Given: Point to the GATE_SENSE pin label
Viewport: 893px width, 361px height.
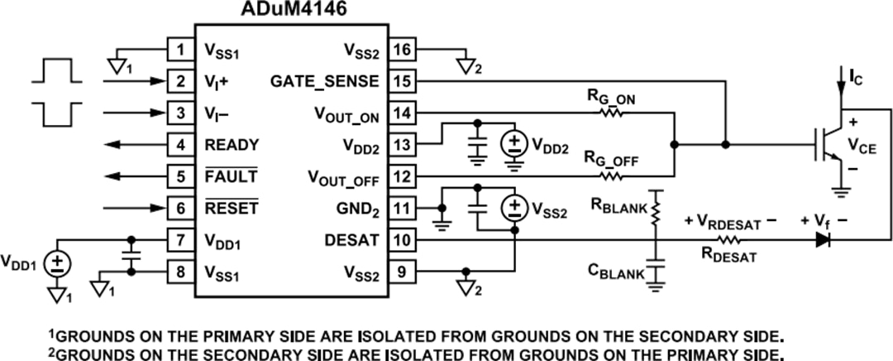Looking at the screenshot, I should pos(324,81).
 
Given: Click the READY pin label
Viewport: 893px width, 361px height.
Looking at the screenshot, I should pos(232,145).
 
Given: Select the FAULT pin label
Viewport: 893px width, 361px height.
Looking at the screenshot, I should pos(231,176).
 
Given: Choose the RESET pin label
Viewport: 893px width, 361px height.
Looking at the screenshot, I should pos(232,209).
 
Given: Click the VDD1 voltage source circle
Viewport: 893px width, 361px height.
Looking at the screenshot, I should pos(58,265).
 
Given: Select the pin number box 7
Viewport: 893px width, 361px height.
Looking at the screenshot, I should pos(179,241).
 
